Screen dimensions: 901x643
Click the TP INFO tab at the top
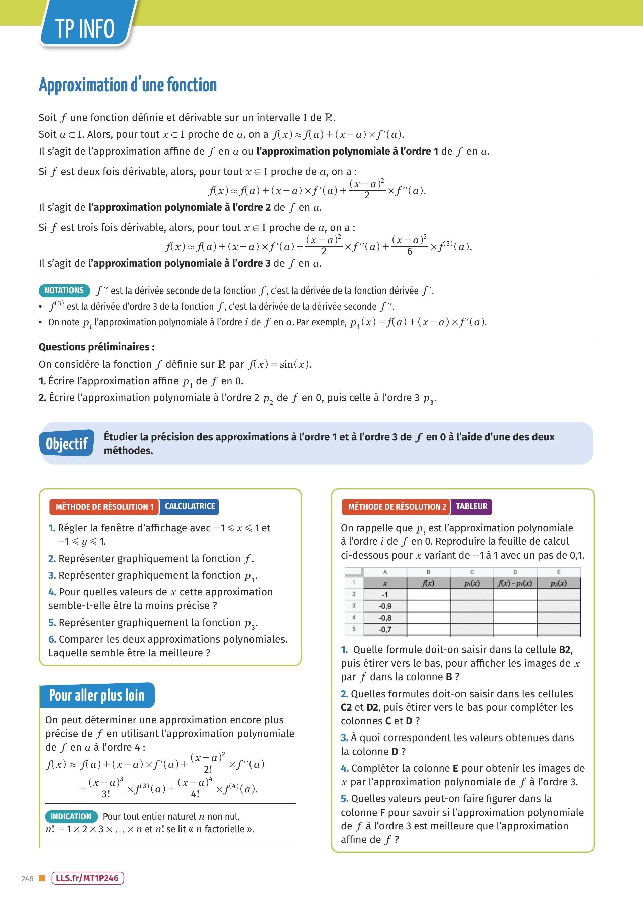tap(85, 28)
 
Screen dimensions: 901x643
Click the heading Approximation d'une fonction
tap(128, 85)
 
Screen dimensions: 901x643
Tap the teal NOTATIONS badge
tap(64, 290)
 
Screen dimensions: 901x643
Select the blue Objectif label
tap(67, 443)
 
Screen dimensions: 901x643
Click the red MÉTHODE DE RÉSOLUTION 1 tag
tap(104, 507)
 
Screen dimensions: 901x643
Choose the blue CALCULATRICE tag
tap(190, 506)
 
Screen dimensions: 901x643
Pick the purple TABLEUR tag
tap(471, 506)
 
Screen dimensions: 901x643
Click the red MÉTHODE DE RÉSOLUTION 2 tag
tap(396, 507)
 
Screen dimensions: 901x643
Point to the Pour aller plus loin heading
tap(97, 695)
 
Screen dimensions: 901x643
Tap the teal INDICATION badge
tap(71, 816)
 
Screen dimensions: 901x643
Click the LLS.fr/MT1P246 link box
tap(87, 878)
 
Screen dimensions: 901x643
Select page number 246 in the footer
tap(27, 879)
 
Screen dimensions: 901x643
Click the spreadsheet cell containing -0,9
tap(385, 606)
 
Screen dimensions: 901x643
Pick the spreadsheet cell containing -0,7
tap(385, 629)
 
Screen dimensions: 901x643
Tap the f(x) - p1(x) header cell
tap(515, 583)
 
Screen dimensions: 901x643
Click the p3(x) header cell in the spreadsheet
tap(558, 583)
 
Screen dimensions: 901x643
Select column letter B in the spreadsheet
tap(428, 572)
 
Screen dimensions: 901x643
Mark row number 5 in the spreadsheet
tap(354, 629)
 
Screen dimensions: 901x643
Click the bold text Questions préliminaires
tap(96, 347)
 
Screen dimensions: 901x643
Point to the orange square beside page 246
tap(42, 878)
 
